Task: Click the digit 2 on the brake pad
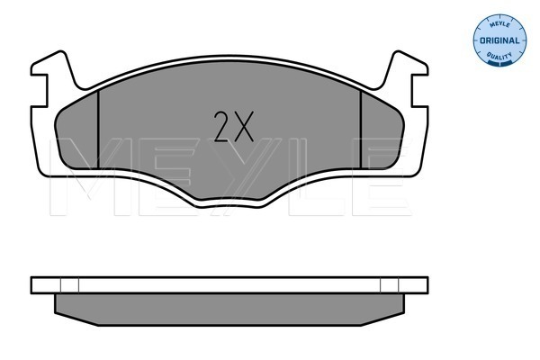pos(220,126)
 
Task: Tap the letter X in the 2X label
pos(243,126)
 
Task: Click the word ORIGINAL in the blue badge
pos(499,40)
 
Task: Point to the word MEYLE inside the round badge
pos(499,25)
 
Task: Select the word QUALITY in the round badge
pos(499,55)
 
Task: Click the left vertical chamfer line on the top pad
pos(98,130)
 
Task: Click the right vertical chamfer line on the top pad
pos(361,130)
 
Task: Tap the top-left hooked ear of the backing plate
pos(55,64)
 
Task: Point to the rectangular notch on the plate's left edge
pos(39,91)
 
